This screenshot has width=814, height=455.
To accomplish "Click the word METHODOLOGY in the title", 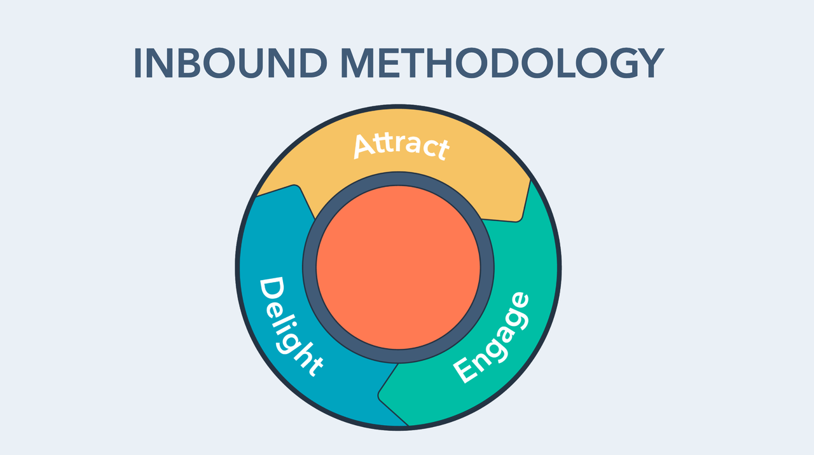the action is point(502,63).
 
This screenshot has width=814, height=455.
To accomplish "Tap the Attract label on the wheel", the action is point(401,146).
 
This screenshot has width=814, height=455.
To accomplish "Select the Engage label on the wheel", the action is point(491,337).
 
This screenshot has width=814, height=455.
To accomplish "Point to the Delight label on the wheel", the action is point(291,327).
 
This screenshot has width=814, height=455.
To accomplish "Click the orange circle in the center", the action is point(398,268).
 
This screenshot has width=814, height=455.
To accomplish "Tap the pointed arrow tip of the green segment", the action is point(379,395).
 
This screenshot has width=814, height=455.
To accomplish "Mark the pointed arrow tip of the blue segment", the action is point(296,186).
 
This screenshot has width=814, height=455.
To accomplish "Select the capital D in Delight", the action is point(272,291).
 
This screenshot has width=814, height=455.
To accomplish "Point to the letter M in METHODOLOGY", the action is point(357,63).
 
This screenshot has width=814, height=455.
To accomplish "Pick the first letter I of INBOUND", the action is point(137,63).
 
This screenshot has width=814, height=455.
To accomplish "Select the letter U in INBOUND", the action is point(251,63).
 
